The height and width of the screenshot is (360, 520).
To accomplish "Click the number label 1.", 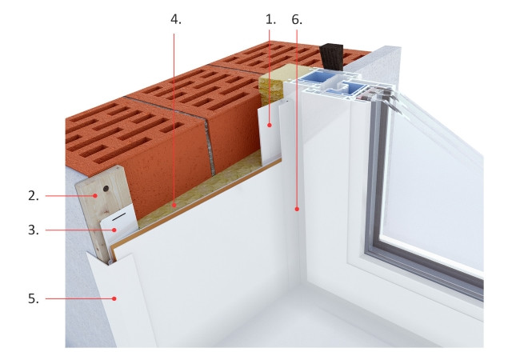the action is click(270, 20).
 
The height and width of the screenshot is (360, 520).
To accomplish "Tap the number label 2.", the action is click(34, 196).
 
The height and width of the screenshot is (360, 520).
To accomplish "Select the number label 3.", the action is click(34, 230).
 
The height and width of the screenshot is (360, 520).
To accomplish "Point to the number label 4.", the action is click(176, 19).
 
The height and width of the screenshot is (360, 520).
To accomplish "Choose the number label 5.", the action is click(34, 298).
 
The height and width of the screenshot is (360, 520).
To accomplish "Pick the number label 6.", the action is click(297, 20).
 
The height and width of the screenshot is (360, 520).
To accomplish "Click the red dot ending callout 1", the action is click(270, 126).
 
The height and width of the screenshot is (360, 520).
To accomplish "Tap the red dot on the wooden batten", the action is click(95, 196).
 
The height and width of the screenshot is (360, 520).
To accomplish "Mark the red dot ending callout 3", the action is click(115, 230).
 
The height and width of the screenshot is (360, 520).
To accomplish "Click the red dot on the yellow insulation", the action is click(174, 206).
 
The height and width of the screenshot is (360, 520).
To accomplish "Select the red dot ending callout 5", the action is click(114, 298).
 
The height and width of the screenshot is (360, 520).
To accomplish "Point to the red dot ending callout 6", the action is click(297, 209).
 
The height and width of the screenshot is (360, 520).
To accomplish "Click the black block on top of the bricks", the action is click(332, 57).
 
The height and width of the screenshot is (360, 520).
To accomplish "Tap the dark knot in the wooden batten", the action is click(106, 189).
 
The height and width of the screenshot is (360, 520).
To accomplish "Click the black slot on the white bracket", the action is click(119, 218).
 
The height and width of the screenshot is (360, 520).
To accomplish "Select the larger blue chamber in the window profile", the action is click(313, 81).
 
